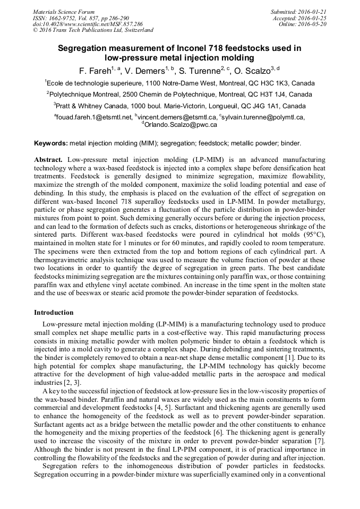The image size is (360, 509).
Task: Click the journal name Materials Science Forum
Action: (64, 12)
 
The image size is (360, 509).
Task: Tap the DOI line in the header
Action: (88, 24)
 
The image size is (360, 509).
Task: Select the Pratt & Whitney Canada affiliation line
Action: (179, 106)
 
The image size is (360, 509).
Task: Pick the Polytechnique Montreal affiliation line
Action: (179, 94)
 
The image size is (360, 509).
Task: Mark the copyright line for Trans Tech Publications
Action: (93, 30)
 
